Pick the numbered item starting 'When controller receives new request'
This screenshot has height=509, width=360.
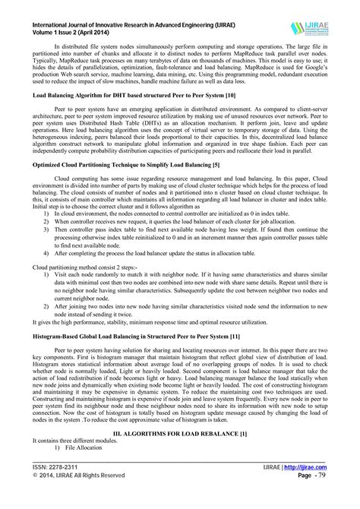click(x=182, y=245)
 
